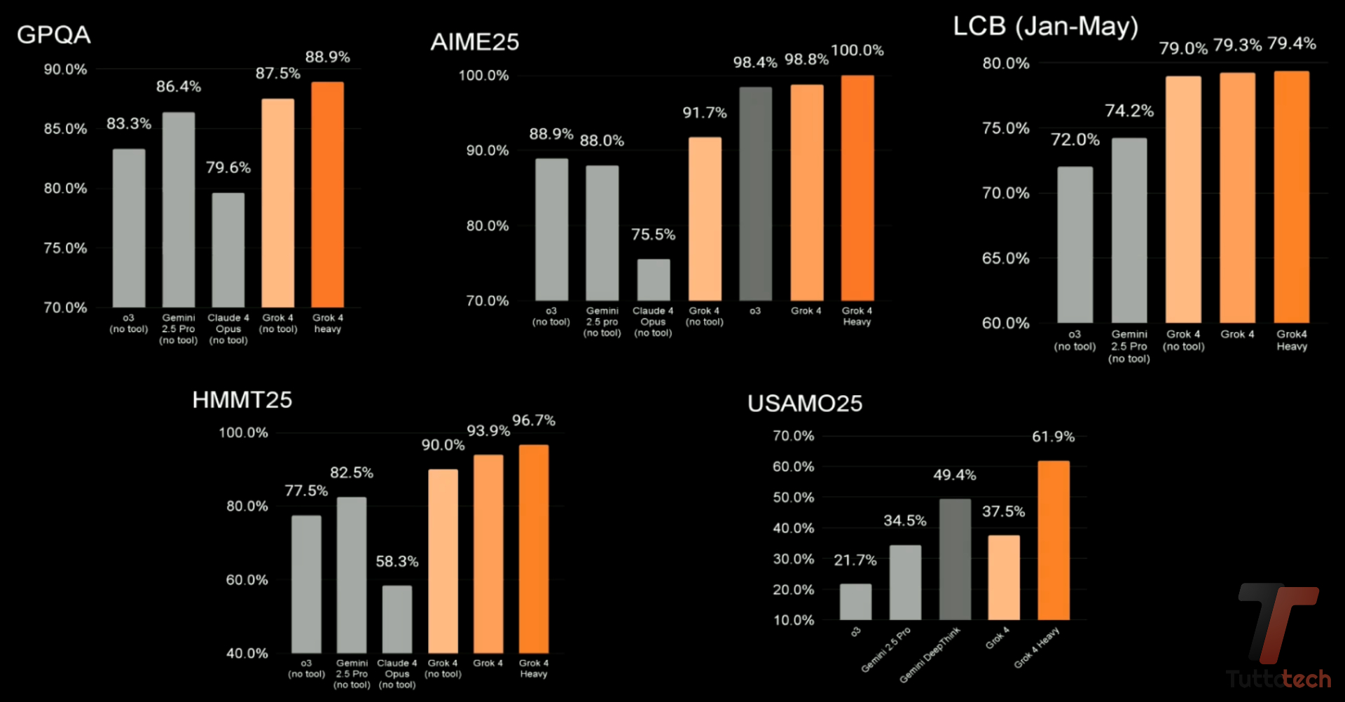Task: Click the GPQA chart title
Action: [x=54, y=35]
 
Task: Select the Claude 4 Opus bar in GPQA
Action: [x=228, y=249]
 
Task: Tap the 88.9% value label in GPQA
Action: [x=327, y=57]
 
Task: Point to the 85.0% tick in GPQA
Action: [x=65, y=129]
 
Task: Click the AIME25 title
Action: [x=475, y=42]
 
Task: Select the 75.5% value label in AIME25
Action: [x=653, y=235]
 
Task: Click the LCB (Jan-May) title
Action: [x=1045, y=27]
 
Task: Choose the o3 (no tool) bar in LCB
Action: [x=1075, y=245]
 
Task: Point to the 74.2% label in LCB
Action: [x=1129, y=111]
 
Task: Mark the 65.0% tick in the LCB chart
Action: [x=1005, y=259]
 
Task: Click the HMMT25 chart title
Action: [x=242, y=400]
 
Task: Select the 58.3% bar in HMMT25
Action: [x=397, y=619]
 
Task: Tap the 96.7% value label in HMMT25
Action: [x=533, y=420]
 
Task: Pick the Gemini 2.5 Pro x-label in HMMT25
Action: [x=352, y=673]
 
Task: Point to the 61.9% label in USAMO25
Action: [x=1053, y=436]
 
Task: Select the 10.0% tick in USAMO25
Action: [x=793, y=620]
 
